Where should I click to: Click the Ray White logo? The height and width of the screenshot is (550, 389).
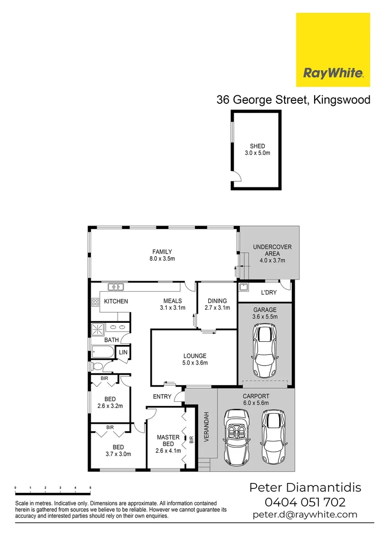pyautogui.click(x=333, y=50)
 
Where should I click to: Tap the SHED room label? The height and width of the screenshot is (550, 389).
pyautogui.click(x=257, y=146)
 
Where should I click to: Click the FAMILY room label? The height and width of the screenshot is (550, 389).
pyautogui.click(x=162, y=252)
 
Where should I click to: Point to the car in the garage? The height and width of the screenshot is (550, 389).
pyautogui.click(x=264, y=350)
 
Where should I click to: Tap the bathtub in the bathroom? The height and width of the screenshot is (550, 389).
pyautogui.click(x=103, y=352)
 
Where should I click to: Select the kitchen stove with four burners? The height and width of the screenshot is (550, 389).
pyautogui.click(x=95, y=301)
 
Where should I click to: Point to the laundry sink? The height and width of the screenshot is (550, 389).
pyautogui.click(x=243, y=286)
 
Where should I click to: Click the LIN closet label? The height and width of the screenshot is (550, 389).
pyautogui.click(x=123, y=352)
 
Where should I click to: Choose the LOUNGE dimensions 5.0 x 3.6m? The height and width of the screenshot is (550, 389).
pyautogui.click(x=195, y=363)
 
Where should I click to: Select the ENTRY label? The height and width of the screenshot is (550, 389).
pyautogui.click(x=162, y=396)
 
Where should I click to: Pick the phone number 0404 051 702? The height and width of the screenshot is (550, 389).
pyautogui.click(x=304, y=502)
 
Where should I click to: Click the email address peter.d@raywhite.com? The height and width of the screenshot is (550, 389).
pyautogui.click(x=304, y=515)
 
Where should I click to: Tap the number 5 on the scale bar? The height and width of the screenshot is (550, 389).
pyautogui.click(x=90, y=488)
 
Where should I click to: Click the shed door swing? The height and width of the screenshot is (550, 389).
pyautogui.click(x=236, y=177)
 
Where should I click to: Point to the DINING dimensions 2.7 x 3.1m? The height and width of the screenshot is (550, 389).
pyautogui.click(x=217, y=308)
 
